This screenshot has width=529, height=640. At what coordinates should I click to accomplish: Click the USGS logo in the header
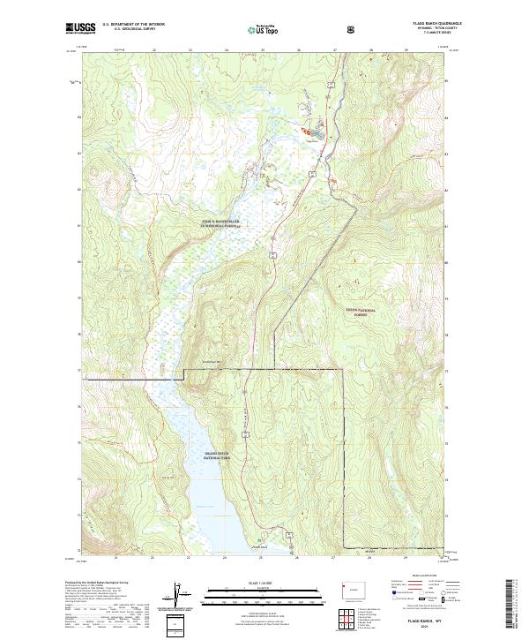[82, 28]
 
